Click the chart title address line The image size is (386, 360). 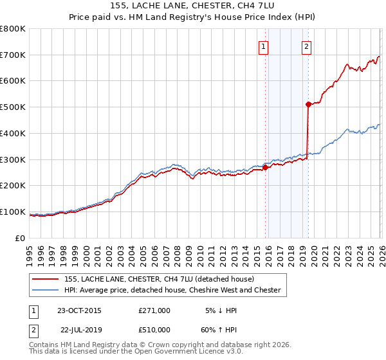(x=193, y=5)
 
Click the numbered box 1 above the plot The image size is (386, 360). (x=264, y=46)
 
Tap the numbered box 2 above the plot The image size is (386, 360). (x=307, y=46)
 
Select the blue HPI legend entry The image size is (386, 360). (x=172, y=290)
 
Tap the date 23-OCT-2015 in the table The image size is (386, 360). (x=79, y=310)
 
